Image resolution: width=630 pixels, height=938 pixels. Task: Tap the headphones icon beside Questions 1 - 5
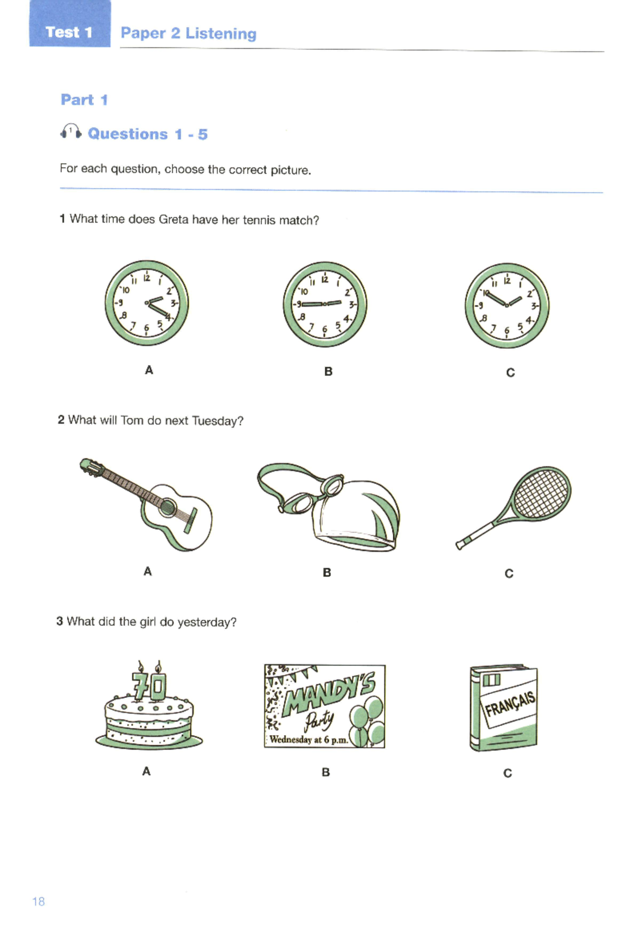[70, 132]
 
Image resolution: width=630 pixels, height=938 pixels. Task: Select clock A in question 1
[146, 303]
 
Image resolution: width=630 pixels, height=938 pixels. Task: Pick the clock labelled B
[325, 304]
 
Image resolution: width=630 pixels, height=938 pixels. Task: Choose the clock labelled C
[507, 305]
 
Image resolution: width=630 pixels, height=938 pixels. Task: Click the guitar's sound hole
[167, 507]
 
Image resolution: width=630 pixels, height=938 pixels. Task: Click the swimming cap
[362, 517]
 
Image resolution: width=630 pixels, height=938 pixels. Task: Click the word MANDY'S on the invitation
[329, 693]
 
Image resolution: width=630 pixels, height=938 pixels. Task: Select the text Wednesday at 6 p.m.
[309, 739]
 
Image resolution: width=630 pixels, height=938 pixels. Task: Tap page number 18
[38, 902]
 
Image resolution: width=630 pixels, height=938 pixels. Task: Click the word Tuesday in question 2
[217, 421]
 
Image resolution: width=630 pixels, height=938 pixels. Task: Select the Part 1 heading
[84, 100]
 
